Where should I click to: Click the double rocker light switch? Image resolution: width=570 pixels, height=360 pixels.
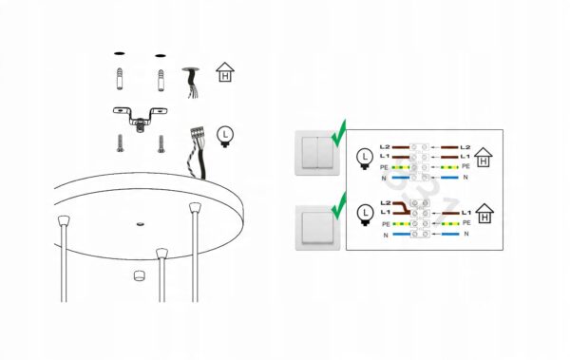317,153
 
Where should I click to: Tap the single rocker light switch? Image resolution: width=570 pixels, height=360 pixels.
317,228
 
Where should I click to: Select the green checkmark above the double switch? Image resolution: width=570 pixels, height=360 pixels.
339,134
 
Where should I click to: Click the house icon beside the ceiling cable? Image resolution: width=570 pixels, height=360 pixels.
225,72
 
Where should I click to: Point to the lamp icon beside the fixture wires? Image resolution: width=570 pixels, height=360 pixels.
225,137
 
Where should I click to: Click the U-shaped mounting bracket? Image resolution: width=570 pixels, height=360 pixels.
140,117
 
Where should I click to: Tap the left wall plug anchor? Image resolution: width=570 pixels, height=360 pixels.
120,79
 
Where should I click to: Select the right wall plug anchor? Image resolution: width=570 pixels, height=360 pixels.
161,81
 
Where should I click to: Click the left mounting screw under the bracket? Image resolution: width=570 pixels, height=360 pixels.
120,143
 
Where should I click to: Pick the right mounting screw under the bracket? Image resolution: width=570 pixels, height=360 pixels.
161,144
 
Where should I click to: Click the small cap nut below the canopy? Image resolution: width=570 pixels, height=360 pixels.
139,275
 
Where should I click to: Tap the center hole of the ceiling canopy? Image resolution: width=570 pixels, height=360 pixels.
140,224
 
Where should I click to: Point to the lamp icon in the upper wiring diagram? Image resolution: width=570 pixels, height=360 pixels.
365,159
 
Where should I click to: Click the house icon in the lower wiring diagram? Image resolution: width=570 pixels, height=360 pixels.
484,214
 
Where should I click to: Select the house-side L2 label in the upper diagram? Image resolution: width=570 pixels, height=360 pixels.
465,147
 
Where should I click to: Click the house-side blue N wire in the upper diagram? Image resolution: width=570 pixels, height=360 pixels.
449,178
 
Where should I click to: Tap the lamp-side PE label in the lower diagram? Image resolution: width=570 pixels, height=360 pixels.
386,224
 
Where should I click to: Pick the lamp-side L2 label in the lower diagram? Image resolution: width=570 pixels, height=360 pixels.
386,203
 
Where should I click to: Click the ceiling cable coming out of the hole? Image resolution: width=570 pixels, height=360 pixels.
192,83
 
